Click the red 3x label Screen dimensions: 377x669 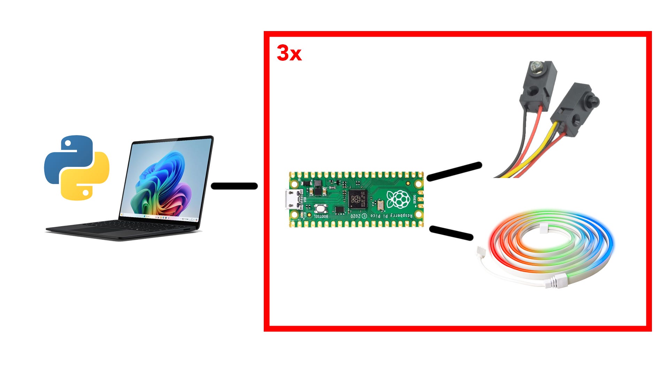pyautogui.click(x=289, y=53)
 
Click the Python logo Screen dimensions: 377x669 pyautogui.click(x=77, y=168)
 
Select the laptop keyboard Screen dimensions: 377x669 pyautogui.click(x=139, y=225)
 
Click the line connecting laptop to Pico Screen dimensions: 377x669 pyautogui.click(x=234, y=186)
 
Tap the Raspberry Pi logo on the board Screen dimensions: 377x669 pyautogui.click(x=398, y=199)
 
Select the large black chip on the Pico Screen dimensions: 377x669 pyautogui.click(x=357, y=199)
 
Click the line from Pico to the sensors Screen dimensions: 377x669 pyautogui.click(x=454, y=172)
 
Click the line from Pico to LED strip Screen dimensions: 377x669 pyautogui.click(x=451, y=233)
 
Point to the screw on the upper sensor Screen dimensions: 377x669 pyautogui.click(x=536, y=65)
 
